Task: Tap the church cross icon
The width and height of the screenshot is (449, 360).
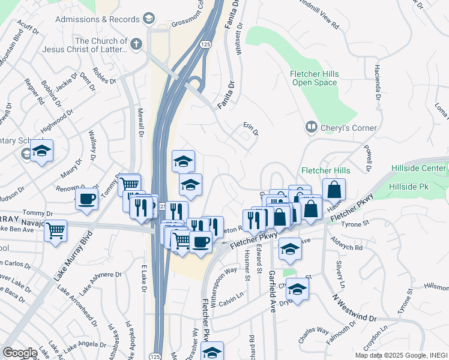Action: pyautogui.click(x=136, y=44)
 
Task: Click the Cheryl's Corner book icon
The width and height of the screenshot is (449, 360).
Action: pyautogui.click(x=312, y=127)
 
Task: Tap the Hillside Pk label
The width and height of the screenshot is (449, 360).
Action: pyautogui.click(x=408, y=188)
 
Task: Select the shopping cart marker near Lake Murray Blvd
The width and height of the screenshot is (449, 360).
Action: pyautogui.click(x=56, y=230)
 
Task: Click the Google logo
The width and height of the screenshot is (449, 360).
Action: pyautogui.click(x=20, y=353)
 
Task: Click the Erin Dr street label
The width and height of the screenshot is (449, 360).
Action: pyautogui.click(x=250, y=129)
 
